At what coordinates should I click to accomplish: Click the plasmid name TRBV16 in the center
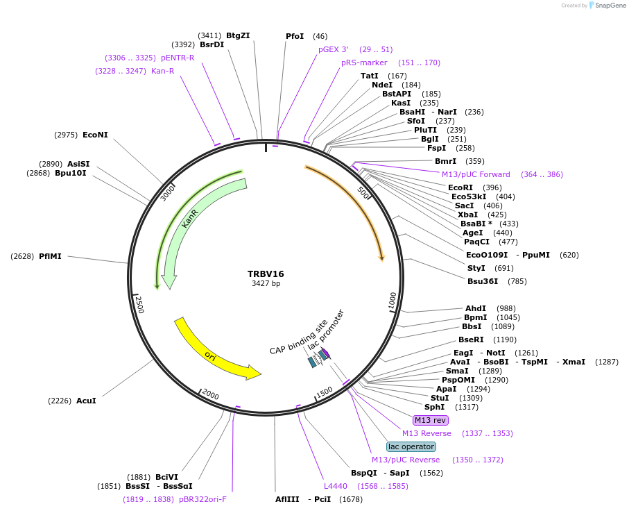(266, 274)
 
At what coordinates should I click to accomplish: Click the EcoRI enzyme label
(460, 187)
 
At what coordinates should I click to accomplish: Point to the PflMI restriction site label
(50, 256)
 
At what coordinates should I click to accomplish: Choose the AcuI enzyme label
(86, 401)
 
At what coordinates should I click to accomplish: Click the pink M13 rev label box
(430, 420)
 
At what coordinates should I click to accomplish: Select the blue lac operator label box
(411, 446)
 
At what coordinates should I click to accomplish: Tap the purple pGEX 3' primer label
(334, 50)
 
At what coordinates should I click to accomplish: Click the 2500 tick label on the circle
(139, 304)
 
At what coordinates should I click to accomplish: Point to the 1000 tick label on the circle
(393, 301)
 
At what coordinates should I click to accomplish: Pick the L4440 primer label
(336, 486)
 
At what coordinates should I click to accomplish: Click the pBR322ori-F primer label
(203, 499)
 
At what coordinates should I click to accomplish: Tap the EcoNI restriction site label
(95, 135)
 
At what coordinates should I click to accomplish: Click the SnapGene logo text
(608, 6)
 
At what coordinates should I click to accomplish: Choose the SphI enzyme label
(434, 407)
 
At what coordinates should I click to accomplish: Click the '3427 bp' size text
(266, 283)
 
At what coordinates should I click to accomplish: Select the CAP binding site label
(298, 337)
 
